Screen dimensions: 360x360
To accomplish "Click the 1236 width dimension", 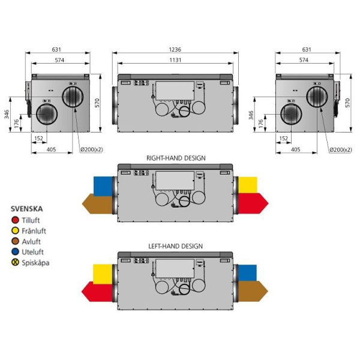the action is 175,49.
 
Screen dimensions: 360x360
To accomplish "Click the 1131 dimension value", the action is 175,60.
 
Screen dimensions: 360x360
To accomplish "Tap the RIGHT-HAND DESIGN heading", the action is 176,158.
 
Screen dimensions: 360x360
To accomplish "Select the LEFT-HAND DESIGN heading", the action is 175,246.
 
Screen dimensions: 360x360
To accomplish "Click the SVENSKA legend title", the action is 26,209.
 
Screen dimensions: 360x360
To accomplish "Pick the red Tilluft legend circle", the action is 15,220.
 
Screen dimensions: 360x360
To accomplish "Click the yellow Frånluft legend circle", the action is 15,230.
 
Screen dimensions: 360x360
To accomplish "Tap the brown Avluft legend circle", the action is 15,241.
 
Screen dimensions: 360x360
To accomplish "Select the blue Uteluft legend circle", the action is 15,251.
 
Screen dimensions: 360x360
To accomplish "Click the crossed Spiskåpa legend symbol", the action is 15,262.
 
